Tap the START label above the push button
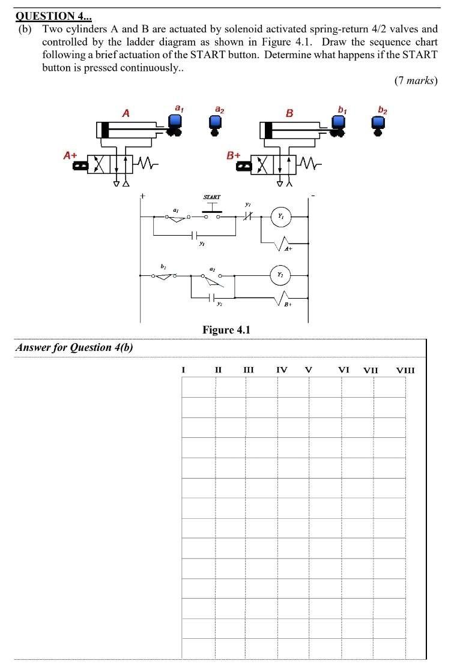click(x=212, y=197)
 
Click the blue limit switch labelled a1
click(x=177, y=124)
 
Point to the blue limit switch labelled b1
click(x=339, y=124)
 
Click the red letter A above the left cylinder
click(x=126, y=112)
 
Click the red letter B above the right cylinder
click(x=289, y=112)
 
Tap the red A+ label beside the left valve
click(x=71, y=155)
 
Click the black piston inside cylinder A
click(x=106, y=130)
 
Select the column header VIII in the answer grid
click(x=405, y=370)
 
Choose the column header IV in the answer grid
click(x=281, y=370)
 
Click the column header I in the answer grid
click(x=183, y=370)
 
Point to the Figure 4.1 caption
click(x=226, y=330)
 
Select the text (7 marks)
click(x=416, y=80)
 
